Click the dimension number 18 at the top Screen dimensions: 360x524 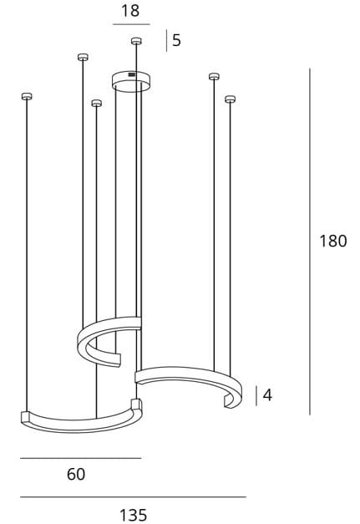click(130, 10)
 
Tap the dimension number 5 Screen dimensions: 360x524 click(176, 40)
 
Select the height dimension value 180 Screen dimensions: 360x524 click(333, 241)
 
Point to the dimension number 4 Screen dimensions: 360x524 click(267, 395)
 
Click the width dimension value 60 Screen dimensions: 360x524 click(76, 474)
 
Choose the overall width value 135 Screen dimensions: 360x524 click(134, 515)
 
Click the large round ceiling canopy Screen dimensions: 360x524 click(131, 81)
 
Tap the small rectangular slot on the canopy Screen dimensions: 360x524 click(132, 74)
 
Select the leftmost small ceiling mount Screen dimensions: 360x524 click(27, 96)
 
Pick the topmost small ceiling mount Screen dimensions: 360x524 click(136, 41)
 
